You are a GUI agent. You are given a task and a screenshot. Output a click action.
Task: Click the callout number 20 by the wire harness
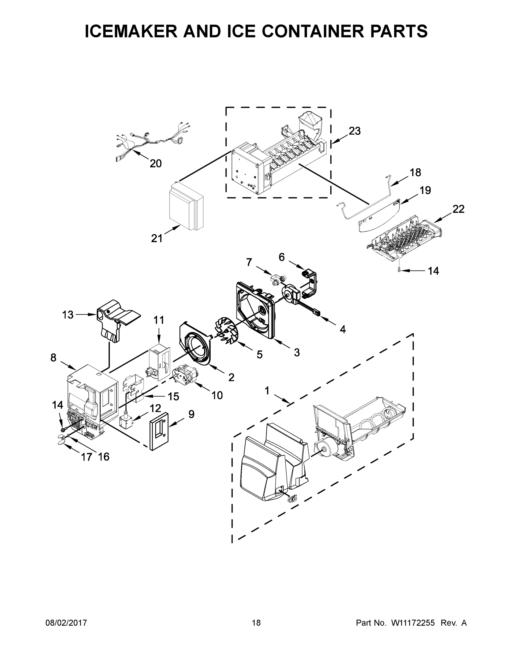156,164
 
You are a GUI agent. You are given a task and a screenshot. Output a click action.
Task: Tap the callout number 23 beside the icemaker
355,131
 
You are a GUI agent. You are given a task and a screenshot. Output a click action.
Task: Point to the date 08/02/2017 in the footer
66,623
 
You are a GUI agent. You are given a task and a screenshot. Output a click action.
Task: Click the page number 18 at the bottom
256,623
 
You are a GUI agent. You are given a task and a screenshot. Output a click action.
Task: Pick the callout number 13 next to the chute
68,315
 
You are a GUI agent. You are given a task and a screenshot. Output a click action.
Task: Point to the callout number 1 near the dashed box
267,391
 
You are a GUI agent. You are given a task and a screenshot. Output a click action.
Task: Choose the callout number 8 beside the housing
53,358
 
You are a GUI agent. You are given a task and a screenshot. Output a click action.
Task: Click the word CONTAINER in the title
311,31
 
